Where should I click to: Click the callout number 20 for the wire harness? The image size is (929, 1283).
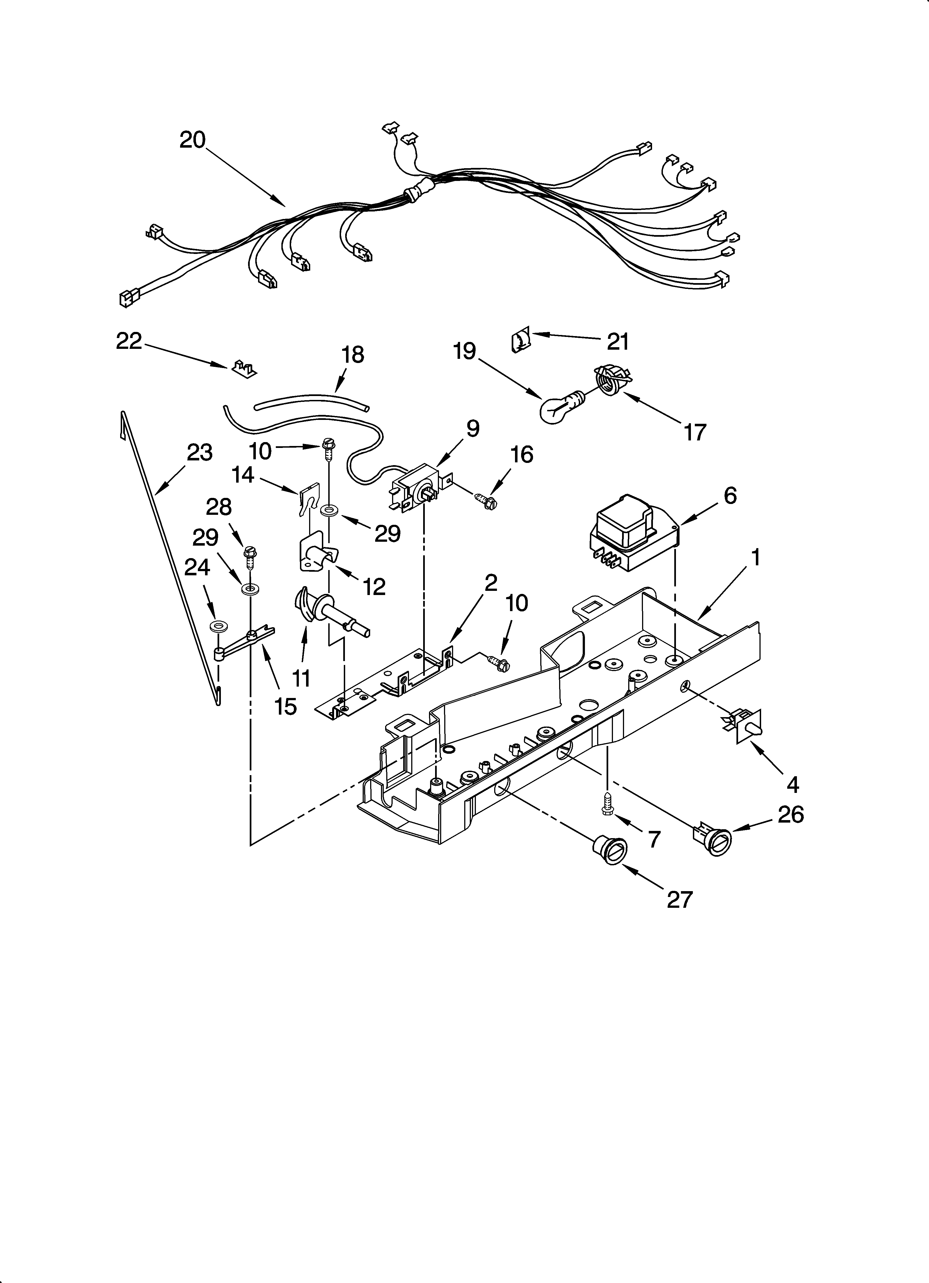pyautogui.click(x=192, y=140)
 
